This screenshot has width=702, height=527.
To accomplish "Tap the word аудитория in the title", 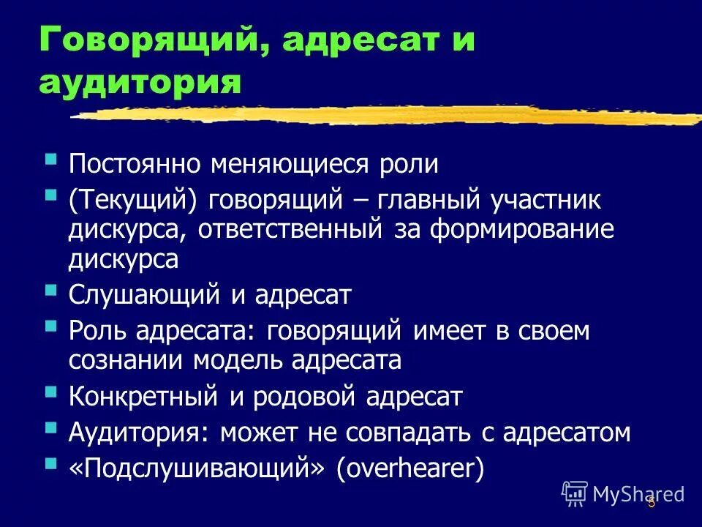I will [x=140, y=81].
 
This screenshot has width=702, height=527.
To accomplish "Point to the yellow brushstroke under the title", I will [x=388, y=115].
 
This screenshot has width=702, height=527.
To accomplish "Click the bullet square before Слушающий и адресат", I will [x=50, y=290].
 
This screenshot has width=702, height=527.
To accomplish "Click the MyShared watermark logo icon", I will [x=575, y=493].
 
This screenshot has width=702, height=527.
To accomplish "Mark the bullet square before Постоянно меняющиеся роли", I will [x=50, y=158].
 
